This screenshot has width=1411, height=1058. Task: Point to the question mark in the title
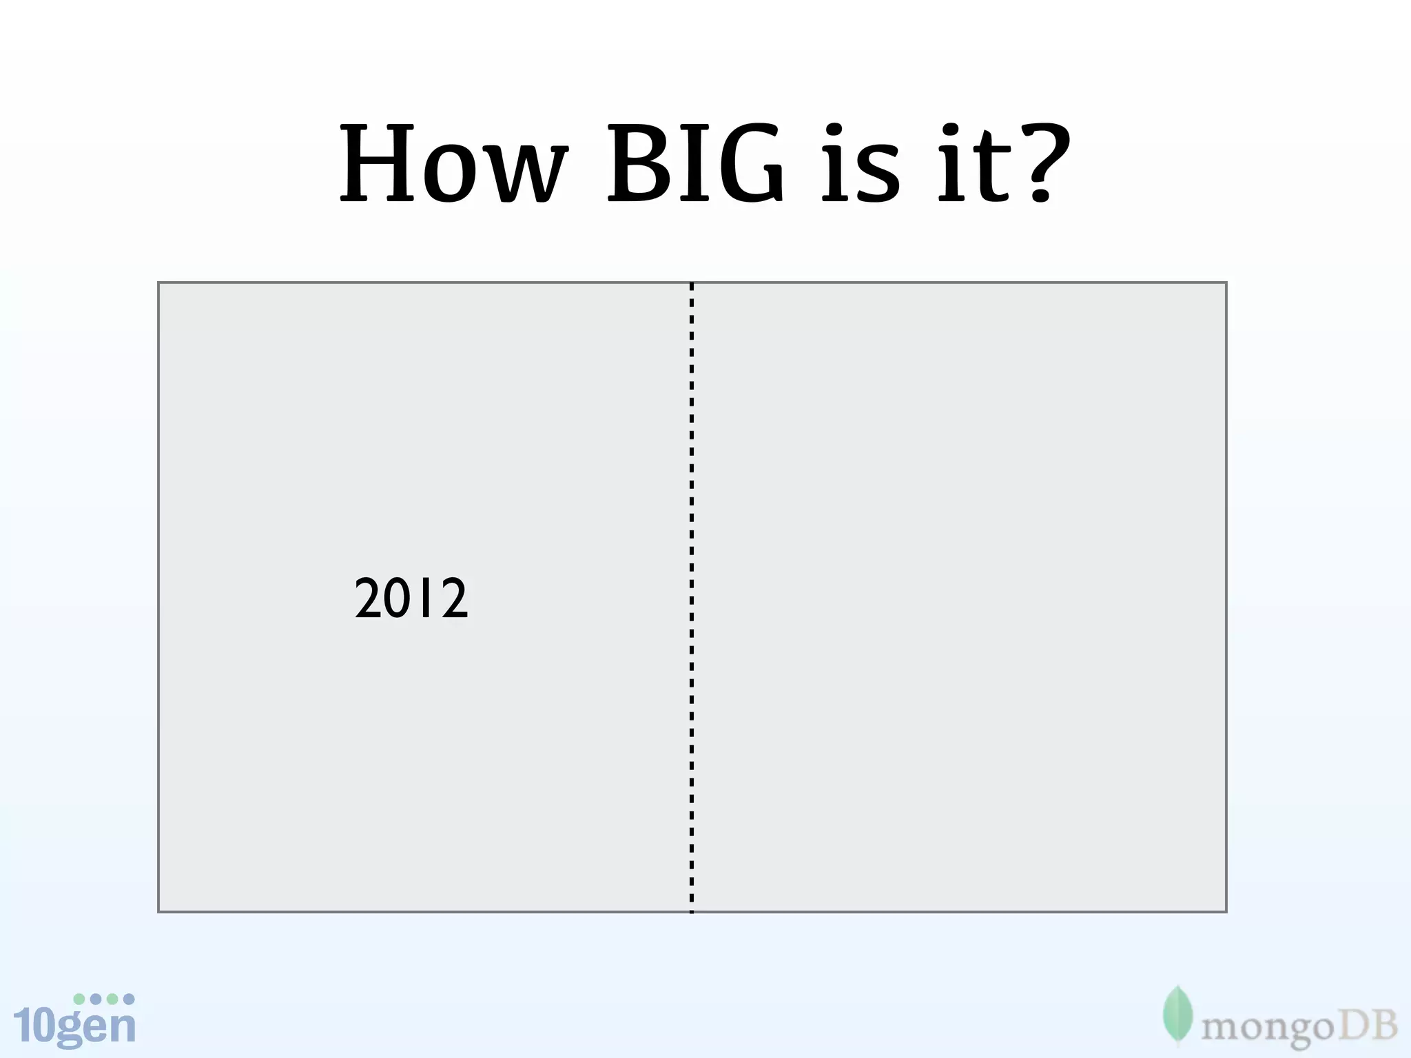[x=1043, y=165]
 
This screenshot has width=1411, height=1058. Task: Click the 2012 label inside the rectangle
[x=411, y=598]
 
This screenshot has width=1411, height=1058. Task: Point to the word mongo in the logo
[x=1268, y=1030]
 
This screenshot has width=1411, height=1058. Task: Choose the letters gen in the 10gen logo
[x=96, y=1028]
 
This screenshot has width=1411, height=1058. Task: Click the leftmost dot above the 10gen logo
[x=79, y=999]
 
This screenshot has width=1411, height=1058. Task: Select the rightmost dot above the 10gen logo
[x=129, y=999]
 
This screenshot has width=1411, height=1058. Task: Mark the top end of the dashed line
[x=692, y=285]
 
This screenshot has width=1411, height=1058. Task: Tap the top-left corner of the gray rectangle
[x=159, y=283]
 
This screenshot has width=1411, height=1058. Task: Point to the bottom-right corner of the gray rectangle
[x=1226, y=911]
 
